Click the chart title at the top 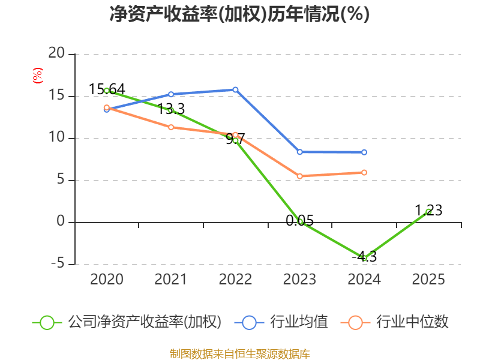tap(239, 14)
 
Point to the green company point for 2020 tap(107, 91)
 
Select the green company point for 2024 tap(364, 257)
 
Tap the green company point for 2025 tap(428, 211)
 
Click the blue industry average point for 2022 tap(235, 90)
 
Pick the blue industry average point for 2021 tap(171, 94)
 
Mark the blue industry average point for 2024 tap(364, 152)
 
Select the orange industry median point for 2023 tap(299, 176)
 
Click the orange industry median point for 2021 tap(171, 127)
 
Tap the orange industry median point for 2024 tap(364, 172)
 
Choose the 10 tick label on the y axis tap(56, 138)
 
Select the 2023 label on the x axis tap(299, 280)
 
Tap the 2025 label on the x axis tap(428, 280)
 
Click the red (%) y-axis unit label tap(38, 76)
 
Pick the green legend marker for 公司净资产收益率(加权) tap(47, 322)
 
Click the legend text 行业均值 tap(299, 322)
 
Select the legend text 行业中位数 tap(412, 322)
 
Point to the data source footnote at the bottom tap(239, 353)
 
